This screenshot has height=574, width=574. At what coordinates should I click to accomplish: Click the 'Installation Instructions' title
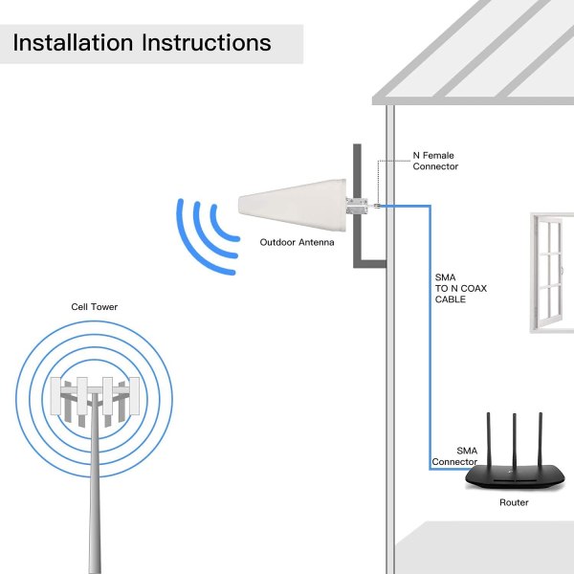click(142, 43)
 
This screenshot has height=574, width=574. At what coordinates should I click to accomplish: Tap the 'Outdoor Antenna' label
click(298, 243)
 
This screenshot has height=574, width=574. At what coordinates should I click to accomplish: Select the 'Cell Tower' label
click(95, 307)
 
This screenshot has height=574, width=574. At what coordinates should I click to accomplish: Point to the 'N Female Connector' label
click(435, 161)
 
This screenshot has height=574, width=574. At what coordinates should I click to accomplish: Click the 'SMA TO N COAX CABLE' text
click(461, 288)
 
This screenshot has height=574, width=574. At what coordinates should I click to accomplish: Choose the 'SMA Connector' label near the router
click(455, 456)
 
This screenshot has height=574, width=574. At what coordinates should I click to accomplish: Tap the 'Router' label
click(513, 502)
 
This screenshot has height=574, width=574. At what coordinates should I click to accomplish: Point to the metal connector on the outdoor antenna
click(359, 204)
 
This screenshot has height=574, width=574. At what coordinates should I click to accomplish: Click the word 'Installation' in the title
click(73, 43)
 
